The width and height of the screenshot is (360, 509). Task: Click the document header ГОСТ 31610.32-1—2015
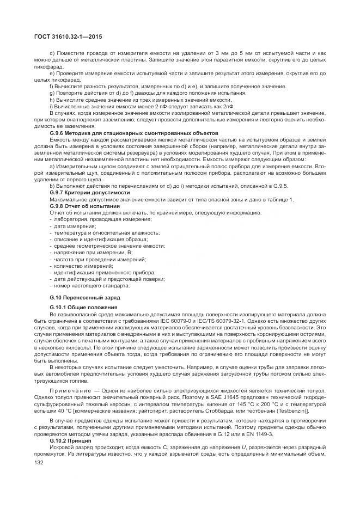(67, 36)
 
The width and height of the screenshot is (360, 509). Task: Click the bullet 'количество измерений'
(81, 266)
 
